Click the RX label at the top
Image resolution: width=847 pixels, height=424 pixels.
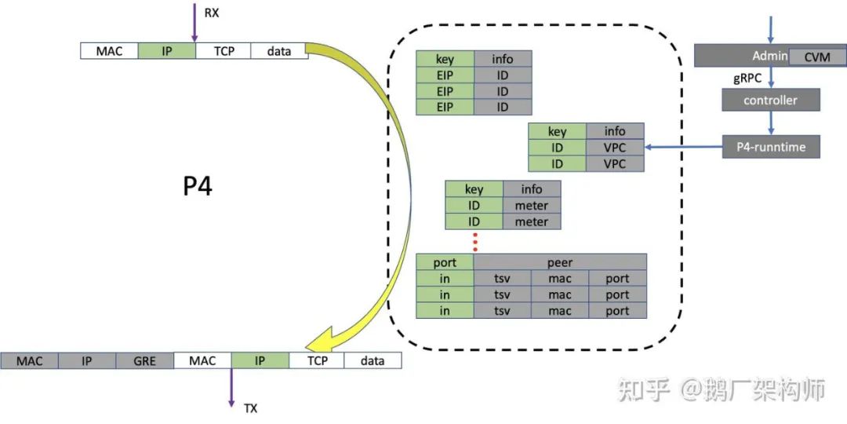[211, 13]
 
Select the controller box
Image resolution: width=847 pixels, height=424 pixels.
[771, 100]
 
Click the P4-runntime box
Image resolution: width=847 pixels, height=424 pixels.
[771, 147]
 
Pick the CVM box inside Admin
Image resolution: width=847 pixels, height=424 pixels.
[816, 57]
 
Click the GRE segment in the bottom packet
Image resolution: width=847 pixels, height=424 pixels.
[145, 360]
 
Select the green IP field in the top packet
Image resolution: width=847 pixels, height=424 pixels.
[167, 51]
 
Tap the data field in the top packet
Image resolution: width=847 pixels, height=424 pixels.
[279, 51]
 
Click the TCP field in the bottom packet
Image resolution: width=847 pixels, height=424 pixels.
[317, 360]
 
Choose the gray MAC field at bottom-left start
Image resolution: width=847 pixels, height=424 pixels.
[29, 360]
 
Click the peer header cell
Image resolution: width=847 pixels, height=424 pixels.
[560, 262]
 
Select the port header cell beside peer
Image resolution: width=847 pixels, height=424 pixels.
[445, 262]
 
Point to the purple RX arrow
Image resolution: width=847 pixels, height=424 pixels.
[193, 23]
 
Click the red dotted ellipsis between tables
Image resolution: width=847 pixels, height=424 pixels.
[474, 242]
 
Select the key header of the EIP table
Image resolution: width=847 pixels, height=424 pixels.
[445, 58]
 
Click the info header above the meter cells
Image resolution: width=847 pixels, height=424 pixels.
[532, 189]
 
